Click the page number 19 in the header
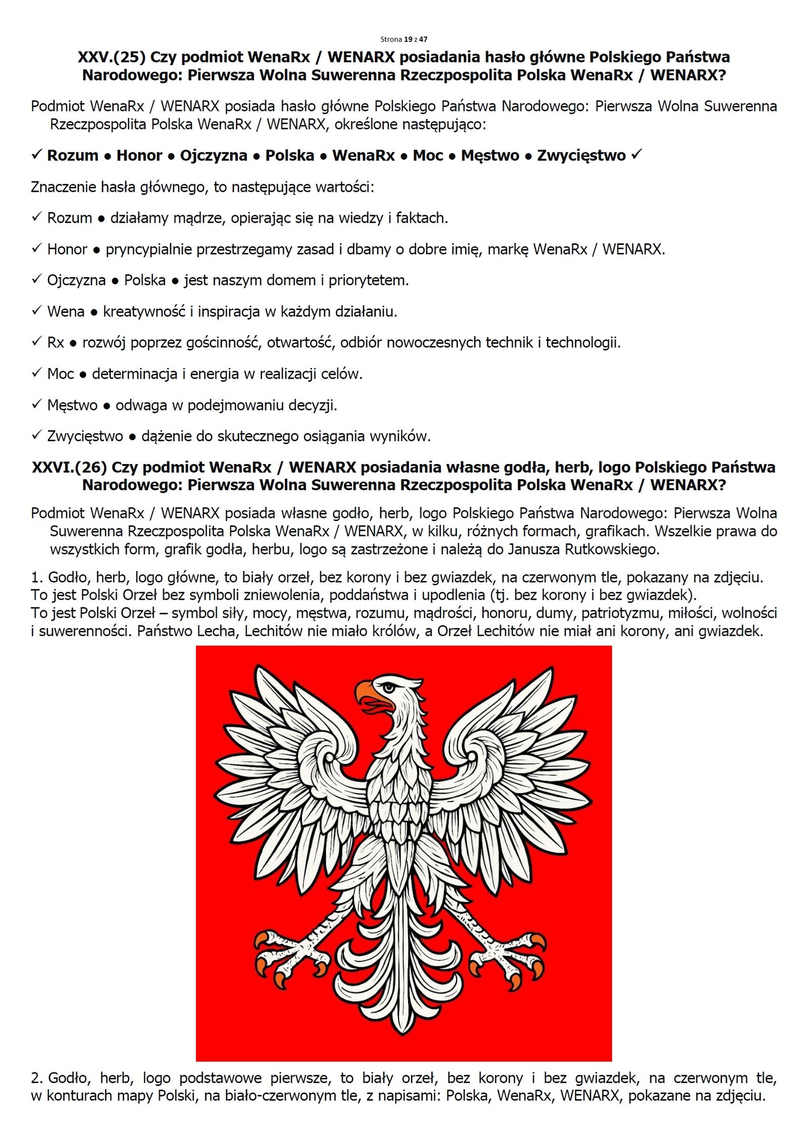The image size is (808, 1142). [408, 39]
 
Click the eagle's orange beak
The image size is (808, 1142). [365, 690]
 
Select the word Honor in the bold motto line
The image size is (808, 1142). [139, 155]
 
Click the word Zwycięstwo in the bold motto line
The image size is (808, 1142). [581, 155]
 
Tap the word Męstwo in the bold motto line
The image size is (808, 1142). [490, 155]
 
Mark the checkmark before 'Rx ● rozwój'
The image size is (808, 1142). [36, 342]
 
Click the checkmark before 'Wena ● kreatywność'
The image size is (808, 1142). [36, 310]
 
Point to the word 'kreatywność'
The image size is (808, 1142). [144, 312]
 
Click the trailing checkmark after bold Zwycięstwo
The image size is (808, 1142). [636, 154]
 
